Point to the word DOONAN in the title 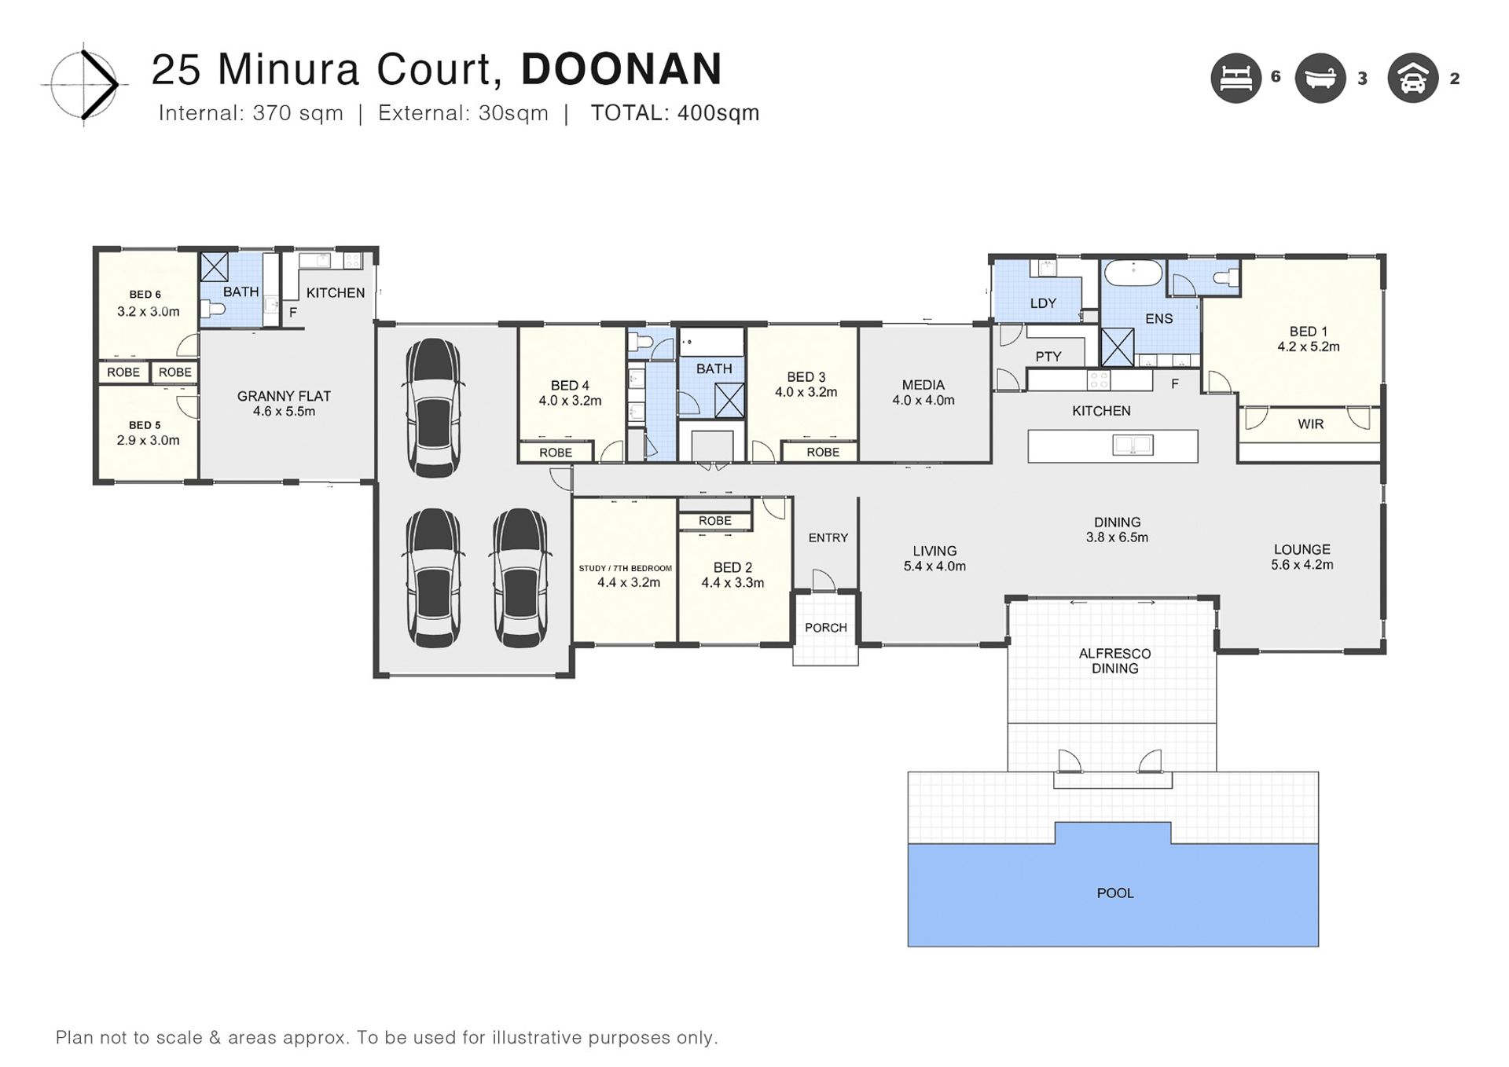[x=622, y=69]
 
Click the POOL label [x=1115, y=893]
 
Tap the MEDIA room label [x=923, y=385]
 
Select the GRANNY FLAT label [x=284, y=396]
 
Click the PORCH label [x=825, y=628]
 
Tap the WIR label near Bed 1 [x=1310, y=424]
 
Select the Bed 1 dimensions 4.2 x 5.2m [x=1309, y=346]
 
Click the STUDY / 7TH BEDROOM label [x=626, y=568]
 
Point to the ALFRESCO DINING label [x=1114, y=661]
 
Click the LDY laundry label [x=1043, y=303]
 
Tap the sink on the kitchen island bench [x=1133, y=445]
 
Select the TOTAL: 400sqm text [x=675, y=113]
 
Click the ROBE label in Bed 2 [x=714, y=521]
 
